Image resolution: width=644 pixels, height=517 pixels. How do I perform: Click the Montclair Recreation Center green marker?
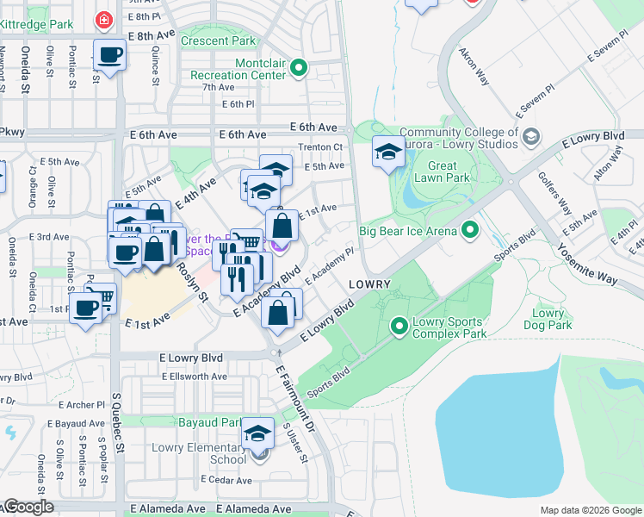click(x=299, y=67)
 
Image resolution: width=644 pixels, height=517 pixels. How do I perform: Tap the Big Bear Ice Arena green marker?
click(x=469, y=230)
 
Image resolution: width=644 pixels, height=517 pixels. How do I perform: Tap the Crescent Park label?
click(x=219, y=40)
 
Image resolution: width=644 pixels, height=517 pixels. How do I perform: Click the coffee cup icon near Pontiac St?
click(x=109, y=55)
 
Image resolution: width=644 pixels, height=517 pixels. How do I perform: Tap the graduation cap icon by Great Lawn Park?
click(x=388, y=153)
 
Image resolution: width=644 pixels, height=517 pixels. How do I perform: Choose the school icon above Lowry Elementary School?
click(x=257, y=434)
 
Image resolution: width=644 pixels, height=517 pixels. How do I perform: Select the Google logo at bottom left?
click(x=28, y=508)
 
